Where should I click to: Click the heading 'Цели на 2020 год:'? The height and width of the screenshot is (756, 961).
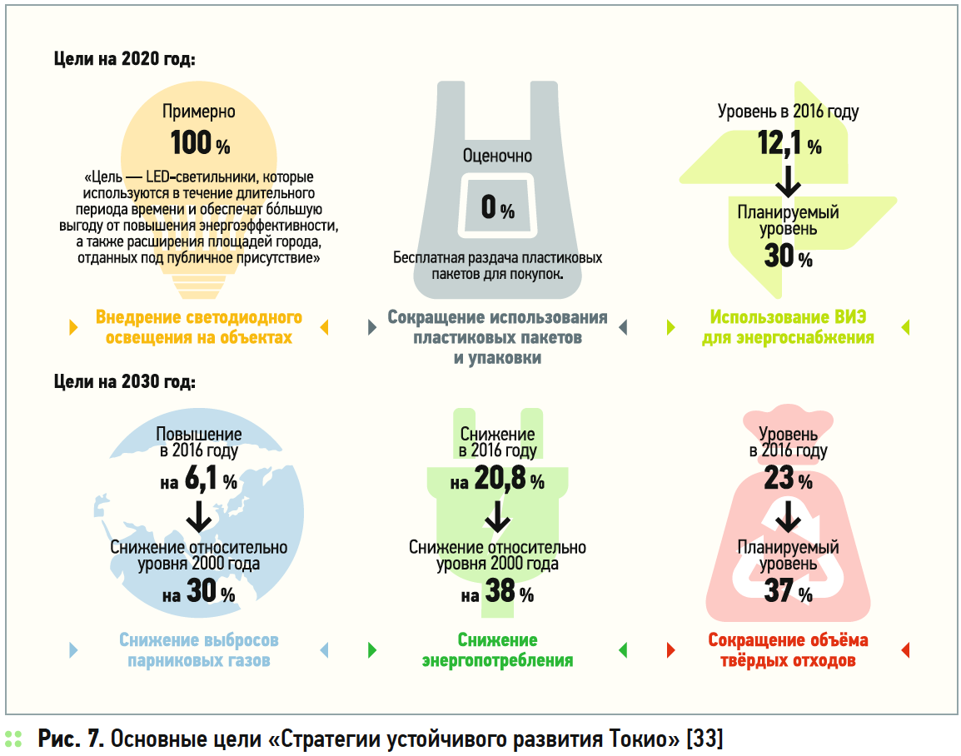point(125,59)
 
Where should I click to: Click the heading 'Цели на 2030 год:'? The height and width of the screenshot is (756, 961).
point(125,383)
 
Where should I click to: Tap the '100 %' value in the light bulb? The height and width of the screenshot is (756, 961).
point(200,143)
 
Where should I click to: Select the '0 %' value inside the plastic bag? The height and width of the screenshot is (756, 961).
point(498,207)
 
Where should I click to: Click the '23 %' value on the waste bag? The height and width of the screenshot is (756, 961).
point(788,480)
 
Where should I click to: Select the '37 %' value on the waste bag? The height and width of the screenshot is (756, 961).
point(788,593)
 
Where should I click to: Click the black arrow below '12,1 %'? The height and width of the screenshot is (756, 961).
point(789,179)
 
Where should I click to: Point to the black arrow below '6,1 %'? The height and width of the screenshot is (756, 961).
point(199,517)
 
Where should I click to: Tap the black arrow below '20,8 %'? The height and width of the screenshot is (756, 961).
point(497,517)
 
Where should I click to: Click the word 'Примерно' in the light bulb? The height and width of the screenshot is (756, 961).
point(199,112)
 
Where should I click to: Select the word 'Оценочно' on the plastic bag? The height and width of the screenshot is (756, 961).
point(497,156)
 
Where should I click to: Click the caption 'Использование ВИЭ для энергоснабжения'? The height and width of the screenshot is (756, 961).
point(788,327)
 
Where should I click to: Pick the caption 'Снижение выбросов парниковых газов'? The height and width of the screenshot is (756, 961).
point(199,650)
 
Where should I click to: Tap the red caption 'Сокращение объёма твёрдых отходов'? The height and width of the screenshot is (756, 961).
point(788,650)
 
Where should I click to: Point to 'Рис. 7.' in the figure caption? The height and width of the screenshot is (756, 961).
point(71,739)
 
